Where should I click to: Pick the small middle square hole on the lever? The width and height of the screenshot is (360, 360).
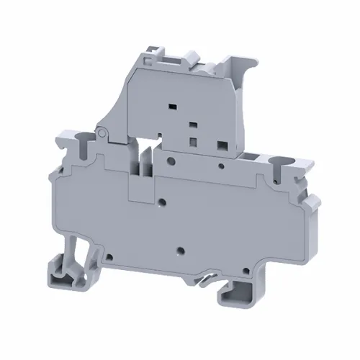pyautogui.click(x=192, y=125)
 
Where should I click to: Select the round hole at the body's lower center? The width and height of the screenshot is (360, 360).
pyautogui.click(x=181, y=251)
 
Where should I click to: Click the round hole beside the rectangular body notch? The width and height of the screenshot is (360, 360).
pyautogui.click(x=164, y=202)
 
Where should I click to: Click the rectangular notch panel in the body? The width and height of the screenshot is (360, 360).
pyautogui.click(x=141, y=189)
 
